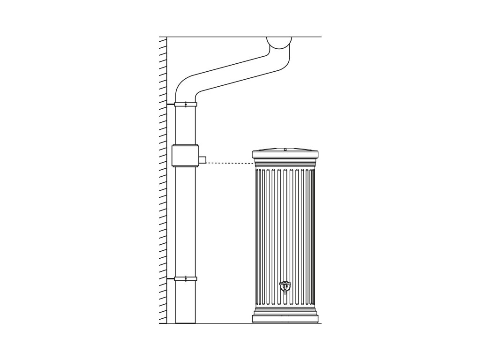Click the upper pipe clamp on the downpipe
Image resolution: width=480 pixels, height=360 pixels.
[x=186, y=105]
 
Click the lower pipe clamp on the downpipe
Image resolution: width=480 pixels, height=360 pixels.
[x=186, y=278]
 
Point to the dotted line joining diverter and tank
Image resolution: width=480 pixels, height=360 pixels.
[x=230, y=163]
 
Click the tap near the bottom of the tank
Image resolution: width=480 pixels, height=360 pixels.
[x=285, y=286]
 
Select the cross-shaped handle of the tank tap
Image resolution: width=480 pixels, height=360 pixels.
[x=285, y=284]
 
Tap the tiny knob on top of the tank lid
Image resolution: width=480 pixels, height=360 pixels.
[x=285, y=150]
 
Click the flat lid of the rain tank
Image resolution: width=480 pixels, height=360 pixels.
[x=285, y=154]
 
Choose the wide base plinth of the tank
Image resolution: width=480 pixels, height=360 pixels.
[x=285, y=318]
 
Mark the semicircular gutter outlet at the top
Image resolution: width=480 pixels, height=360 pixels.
[x=279, y=42]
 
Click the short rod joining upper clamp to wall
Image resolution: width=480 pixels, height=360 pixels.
[x=171, y=105]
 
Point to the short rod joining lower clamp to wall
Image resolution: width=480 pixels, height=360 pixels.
[x=171, y=278]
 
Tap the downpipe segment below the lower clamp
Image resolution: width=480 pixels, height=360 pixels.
[x=185, y=302]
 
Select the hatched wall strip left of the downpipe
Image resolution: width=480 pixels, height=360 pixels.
[x=163, y=187]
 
